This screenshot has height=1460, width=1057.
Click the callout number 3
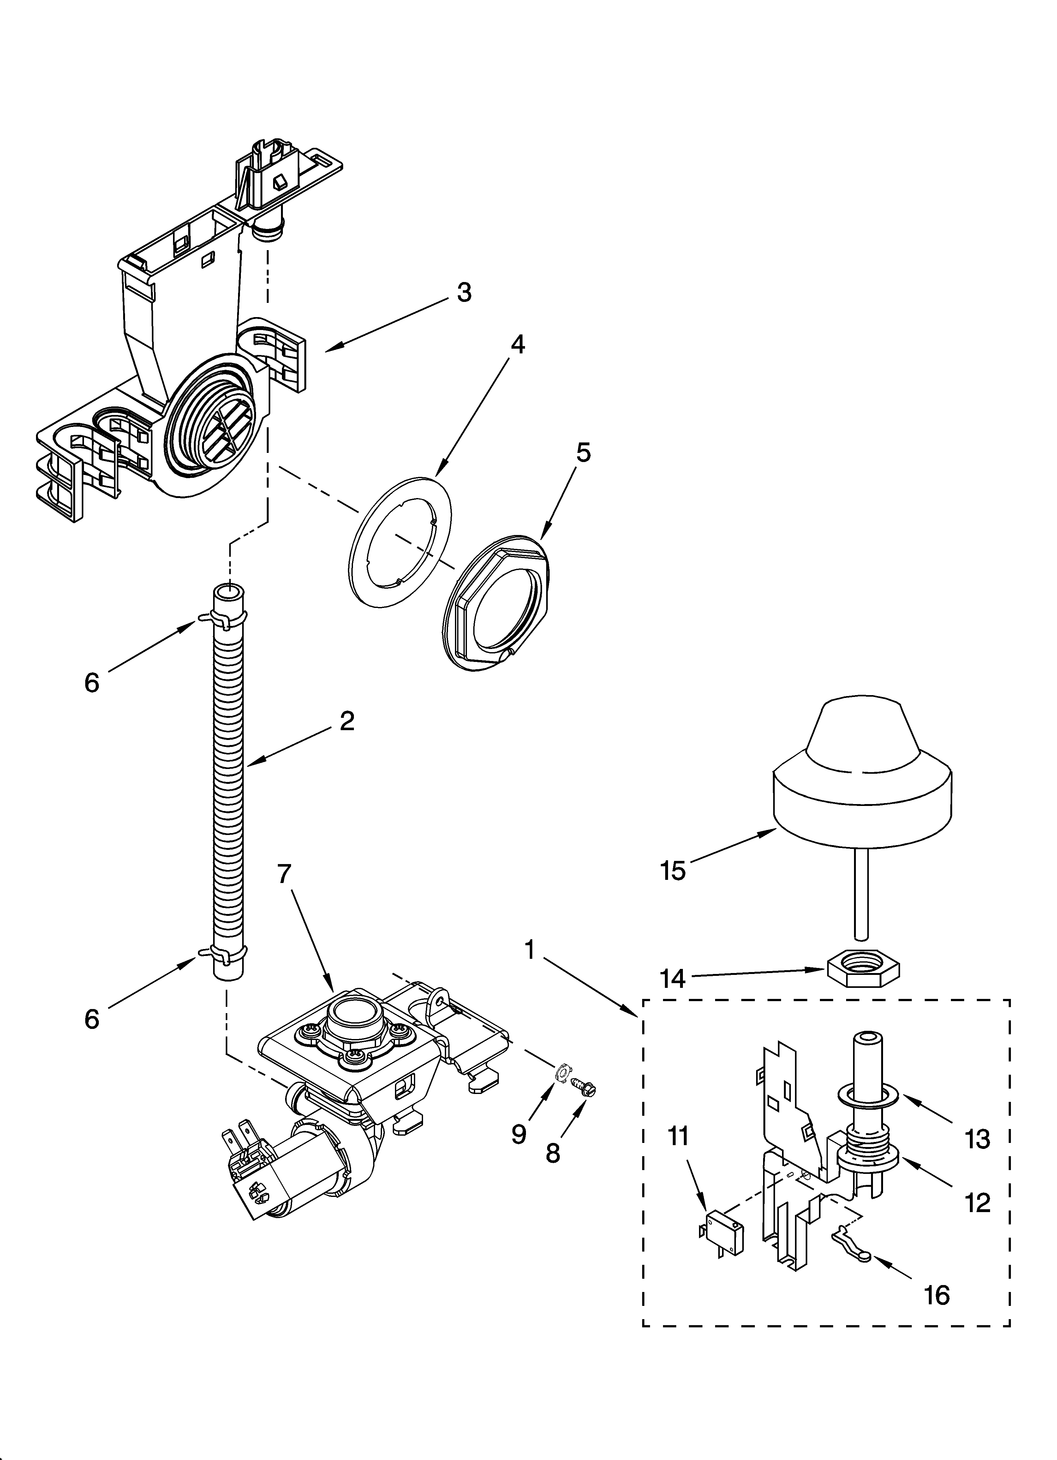[463, 292]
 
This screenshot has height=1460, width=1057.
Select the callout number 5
[582, 453]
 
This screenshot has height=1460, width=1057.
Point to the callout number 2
[347, 721]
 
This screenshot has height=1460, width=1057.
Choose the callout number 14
[673, 979]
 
